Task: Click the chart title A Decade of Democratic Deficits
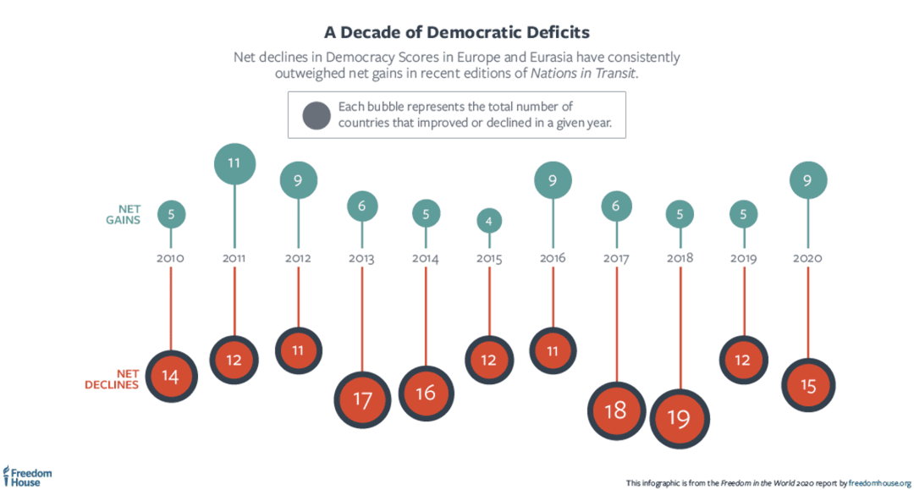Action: pos(457,32)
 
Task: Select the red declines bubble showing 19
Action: pos(680,418)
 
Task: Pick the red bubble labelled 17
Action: pos(362,399)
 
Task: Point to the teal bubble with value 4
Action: pos(489,222)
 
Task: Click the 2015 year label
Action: pos(489,257)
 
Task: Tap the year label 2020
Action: pos(807,257)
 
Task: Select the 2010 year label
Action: pos(171,257)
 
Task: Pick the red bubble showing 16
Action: pos(426,393)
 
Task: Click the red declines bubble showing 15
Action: pos(807,386)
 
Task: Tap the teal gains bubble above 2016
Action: pos(553,179)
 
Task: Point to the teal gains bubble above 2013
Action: pos(362,206)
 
